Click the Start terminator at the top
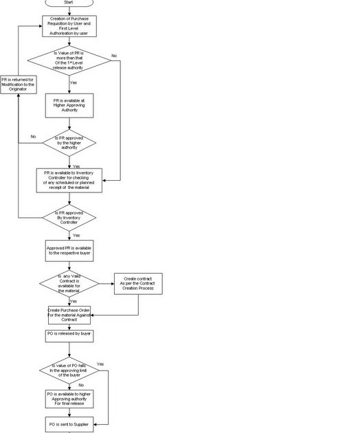coord(69,3)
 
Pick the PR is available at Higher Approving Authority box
coord(69,104)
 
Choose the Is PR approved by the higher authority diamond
coord(69,142)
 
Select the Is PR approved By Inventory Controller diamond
coord(69,217)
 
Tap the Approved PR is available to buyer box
coord(69,251)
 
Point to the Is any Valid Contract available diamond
coord(69,283)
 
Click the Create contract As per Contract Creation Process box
coord(138,283)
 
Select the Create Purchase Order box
coord(69,314)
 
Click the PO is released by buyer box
coord(69,336)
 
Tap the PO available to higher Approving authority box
coord(69,399)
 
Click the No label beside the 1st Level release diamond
coord(114,55)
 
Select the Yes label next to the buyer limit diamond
coord(100,364)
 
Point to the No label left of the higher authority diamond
coord(32,136)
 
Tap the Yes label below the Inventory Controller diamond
coord(76,235)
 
